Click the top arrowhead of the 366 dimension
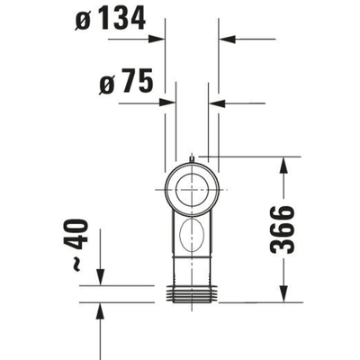[283, 164]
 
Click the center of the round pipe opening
[192, 191]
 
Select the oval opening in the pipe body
[192, 238]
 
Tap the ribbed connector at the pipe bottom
[192, 292]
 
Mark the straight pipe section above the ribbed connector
[192, 273]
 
